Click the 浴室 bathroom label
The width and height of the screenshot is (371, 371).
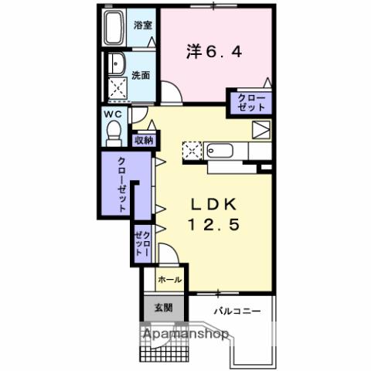pos(144,25)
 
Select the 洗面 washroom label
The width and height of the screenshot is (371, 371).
pos(141,75)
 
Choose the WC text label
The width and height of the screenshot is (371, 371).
pos(113,114)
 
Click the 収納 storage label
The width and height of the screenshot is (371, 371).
pos(145,140)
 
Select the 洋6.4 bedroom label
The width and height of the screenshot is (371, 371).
pos(216,53)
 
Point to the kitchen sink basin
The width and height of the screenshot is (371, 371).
pos(220,151)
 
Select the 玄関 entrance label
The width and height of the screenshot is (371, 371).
pos(162,308)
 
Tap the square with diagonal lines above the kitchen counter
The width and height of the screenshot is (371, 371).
pos(262,129)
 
